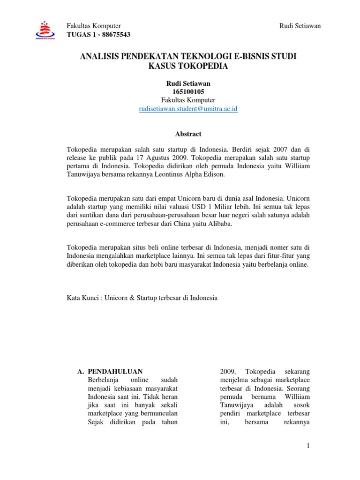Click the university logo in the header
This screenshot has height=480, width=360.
pyautogui.click(x=45, y=31)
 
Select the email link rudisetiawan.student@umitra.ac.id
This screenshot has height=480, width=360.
pyautogui.click(x=188, y=109)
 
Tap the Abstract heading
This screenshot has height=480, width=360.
pyautogui.click(x=188, y=134)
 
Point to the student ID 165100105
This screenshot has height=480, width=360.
pyautogui.click(x=188, y=91)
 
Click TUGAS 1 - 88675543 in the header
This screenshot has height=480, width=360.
pyautogui.click(x=99, y=35)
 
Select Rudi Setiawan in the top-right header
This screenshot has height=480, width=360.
pyautogui.click(x=300, y=26)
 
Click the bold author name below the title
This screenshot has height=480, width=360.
pyautogui.click(x=188, y=83)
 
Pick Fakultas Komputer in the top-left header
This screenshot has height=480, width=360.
pyautogui.click(x=94, y=26)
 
